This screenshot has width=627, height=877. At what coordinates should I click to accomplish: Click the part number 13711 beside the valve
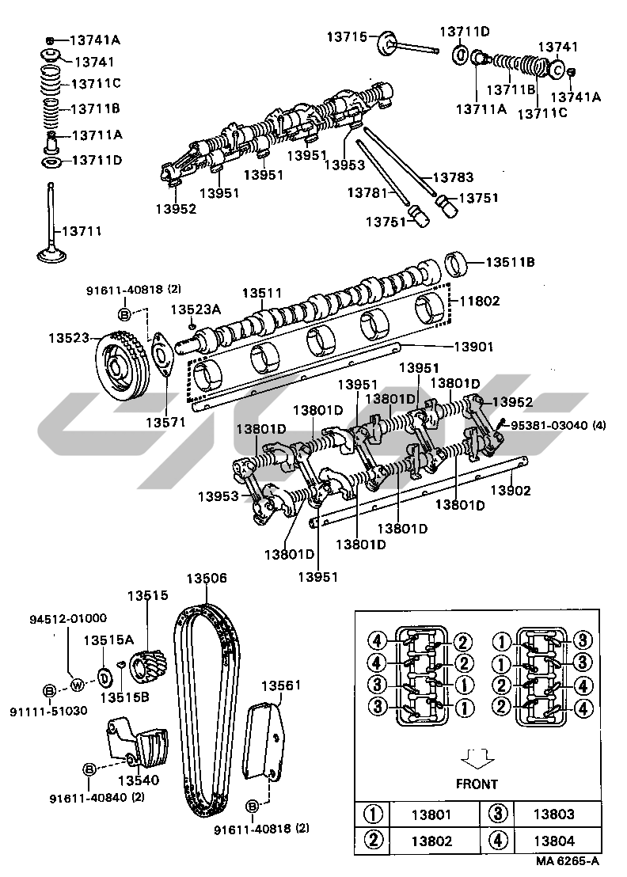point(82,231)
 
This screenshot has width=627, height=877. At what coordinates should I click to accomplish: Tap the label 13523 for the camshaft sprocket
point(69,337)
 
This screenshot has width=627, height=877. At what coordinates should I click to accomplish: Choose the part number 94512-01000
point(68,618)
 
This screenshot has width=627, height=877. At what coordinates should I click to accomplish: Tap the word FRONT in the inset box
point(477,784)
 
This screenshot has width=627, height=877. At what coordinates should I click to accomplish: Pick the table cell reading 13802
point(432,841)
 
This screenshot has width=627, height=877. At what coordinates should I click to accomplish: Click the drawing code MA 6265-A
point(568,861)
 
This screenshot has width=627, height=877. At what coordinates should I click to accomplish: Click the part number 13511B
point(511,262)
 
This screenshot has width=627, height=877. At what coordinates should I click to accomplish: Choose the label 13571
point(165,422)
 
